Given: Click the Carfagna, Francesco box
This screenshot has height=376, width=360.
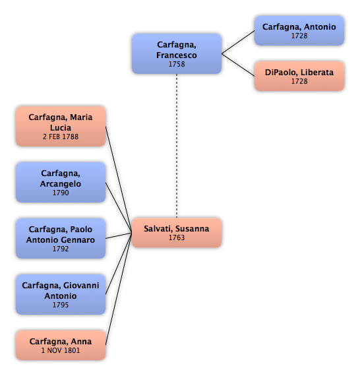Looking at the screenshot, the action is [x=177, y=53].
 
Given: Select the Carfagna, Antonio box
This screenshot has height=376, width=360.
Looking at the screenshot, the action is [x=299, y=31].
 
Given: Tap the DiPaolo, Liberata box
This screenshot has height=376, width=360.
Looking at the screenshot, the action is [x=299, y=76].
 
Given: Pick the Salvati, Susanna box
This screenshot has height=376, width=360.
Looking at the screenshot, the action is [x=177, y=233].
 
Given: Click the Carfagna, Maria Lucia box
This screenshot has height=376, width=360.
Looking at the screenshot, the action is [x=61, y=127].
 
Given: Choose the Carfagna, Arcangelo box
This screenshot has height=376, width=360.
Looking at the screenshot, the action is [x=61, y=183].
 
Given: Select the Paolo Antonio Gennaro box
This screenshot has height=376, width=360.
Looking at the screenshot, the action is [x=61, y=239].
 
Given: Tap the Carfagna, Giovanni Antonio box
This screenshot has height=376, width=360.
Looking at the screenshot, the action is [x=61, y=295].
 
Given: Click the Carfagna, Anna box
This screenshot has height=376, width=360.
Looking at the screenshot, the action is [x=61, y=346].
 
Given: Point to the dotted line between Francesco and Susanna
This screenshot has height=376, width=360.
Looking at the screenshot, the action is [x=177, y=146].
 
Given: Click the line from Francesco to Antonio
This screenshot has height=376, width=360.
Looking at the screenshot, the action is [x=238, y=42].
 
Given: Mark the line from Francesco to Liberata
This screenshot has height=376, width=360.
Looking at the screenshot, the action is [x=238, y=65].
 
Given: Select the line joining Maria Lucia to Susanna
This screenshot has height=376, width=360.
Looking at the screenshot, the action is [x=119, y=179].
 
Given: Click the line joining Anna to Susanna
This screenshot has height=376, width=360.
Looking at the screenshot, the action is [x=119, y=289].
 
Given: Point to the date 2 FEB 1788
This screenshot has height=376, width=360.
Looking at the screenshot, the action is [x=61, y=137].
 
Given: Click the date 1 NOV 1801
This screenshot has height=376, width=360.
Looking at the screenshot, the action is [x=61, y=350].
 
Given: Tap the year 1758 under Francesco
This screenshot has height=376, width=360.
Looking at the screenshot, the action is [x=177, y=64].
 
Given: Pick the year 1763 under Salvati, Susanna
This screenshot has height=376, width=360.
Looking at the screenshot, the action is [x=177, y=237].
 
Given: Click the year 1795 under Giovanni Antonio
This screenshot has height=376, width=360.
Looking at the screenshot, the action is [x=61, y=305].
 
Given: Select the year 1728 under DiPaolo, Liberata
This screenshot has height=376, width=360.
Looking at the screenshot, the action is [x=299, y=81].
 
